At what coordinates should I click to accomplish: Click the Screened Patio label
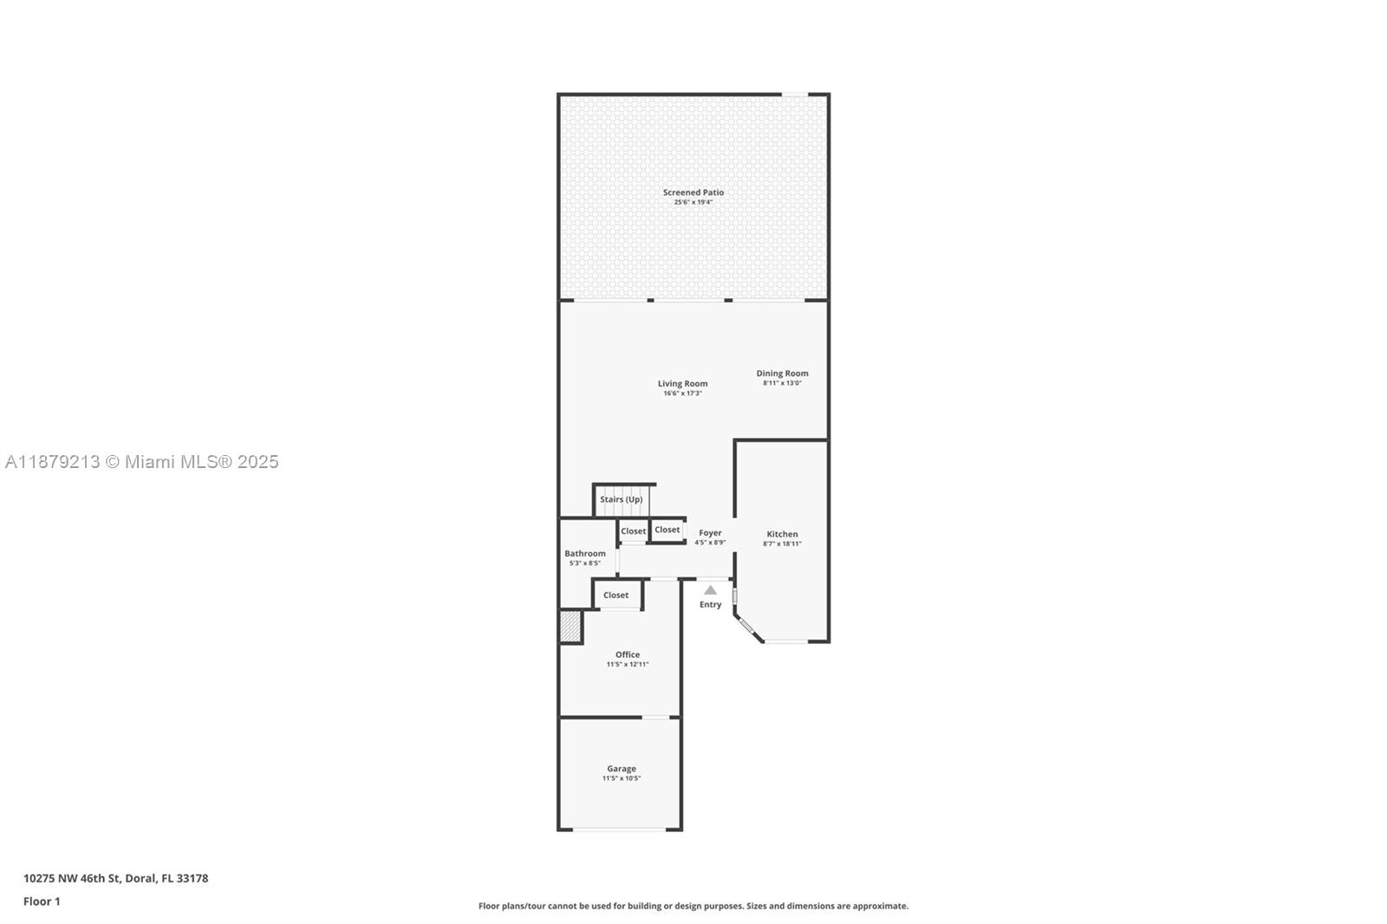click(x=693, y=192)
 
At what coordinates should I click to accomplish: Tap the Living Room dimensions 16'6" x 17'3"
click(x=682, y=394)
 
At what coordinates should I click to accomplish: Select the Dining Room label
click(x=782, y=374)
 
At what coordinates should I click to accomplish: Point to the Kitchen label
click(x=782, y=534)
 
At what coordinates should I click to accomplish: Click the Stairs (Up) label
click(x=621, y=499)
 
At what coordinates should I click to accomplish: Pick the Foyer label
click(x=710, y=533)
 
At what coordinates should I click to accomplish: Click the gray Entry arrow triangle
click(x=710, y=590)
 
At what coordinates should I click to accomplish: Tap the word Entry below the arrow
click(x=710, y=605)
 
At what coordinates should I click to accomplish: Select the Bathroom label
click(x=585, y=553)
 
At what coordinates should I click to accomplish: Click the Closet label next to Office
click(x=615, y=595)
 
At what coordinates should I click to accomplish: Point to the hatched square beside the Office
click(x=570, y=627)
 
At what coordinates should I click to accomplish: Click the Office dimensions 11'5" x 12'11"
click(x=627, y=665)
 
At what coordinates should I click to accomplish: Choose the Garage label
click(x=621, y=769)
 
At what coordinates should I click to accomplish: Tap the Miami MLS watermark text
click(x=141, y=462)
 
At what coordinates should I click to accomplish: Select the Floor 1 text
click(x=42, y=901)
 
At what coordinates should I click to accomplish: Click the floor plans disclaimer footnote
click(x=693, y=906)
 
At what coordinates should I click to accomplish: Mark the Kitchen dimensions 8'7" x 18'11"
click(x=782, y=544)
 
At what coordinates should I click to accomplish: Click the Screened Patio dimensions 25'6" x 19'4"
click(x=693, y=202)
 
